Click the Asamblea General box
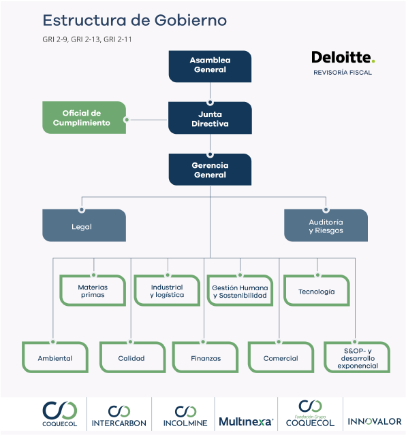210,67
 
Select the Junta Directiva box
210,118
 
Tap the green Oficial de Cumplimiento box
84,118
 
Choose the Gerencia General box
210,169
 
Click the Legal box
84,225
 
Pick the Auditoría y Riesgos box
326,225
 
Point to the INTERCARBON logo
119,416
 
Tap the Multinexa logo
246,421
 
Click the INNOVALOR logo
375,421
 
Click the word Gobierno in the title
191,20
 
